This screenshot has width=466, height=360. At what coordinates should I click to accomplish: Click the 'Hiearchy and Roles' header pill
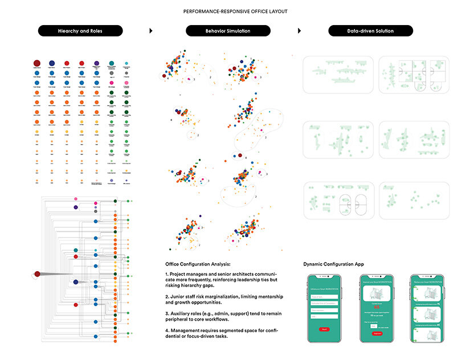coord(80,31)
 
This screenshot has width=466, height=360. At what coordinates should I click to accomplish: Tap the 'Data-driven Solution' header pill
coord(371,31)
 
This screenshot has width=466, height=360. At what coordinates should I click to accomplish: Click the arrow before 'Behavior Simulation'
coord(151,31)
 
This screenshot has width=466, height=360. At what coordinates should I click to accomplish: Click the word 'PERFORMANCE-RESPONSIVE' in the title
coord(210,11)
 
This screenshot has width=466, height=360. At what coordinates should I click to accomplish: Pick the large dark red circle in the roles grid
coord(36,63)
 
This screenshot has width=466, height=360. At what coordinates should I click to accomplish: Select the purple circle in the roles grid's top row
coord(96,64)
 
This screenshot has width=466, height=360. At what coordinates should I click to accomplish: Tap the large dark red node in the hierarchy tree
coord(38,274)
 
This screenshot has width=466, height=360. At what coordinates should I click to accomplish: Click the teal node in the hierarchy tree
coord(76,251)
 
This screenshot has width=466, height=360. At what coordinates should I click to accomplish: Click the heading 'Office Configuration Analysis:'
coord(198,264)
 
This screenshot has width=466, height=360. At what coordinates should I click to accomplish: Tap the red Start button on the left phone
coord(324,329)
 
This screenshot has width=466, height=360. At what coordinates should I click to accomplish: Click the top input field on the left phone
coord(324,297)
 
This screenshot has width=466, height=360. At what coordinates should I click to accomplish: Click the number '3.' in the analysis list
coord(167,307)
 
